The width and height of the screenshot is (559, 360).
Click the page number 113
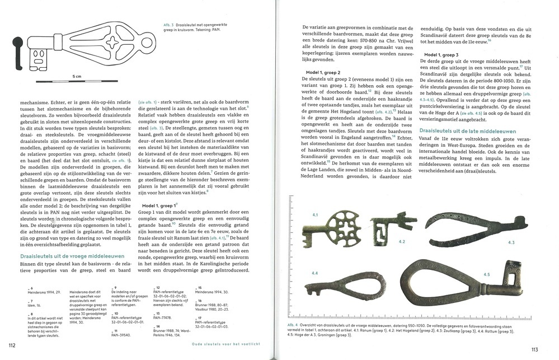534,350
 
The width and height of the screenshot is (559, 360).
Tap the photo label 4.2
401,242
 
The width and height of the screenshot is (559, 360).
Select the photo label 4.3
510,242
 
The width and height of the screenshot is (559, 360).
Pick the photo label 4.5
486,274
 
